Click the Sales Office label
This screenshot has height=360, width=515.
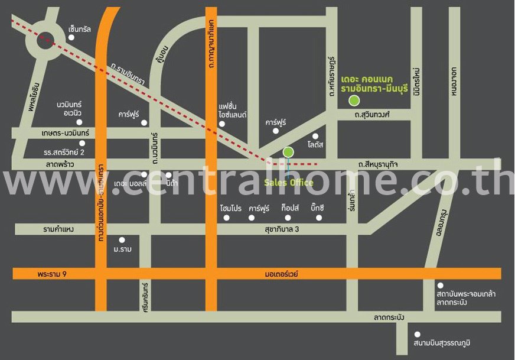(288, 183)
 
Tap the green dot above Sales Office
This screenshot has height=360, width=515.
(288, 152)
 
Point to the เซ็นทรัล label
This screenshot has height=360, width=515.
(80, 29)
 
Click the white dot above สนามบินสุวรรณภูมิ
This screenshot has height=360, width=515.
(418, 334)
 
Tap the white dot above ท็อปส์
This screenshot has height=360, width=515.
(288, 218)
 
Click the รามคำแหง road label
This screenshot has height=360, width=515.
(58, 229)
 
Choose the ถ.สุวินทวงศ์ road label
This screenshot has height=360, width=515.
(372, 115)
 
